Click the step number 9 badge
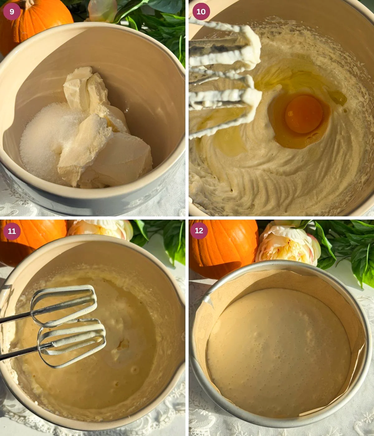click(x=12, y=12)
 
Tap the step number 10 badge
click(x=201, y=12)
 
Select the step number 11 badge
click(x=12, y=231)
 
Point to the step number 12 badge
click(x=199, y=231)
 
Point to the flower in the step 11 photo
click(x=100, y=229)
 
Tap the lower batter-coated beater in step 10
click(x=224, y=103)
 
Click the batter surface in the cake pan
click(x=277, y=352)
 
